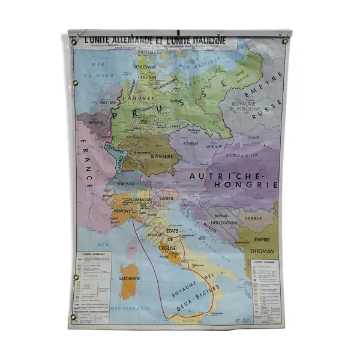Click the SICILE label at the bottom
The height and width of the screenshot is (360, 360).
pos(181,320)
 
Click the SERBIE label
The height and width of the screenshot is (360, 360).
pos(259,218)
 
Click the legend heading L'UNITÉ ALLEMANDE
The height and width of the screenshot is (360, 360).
pos(92,254)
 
